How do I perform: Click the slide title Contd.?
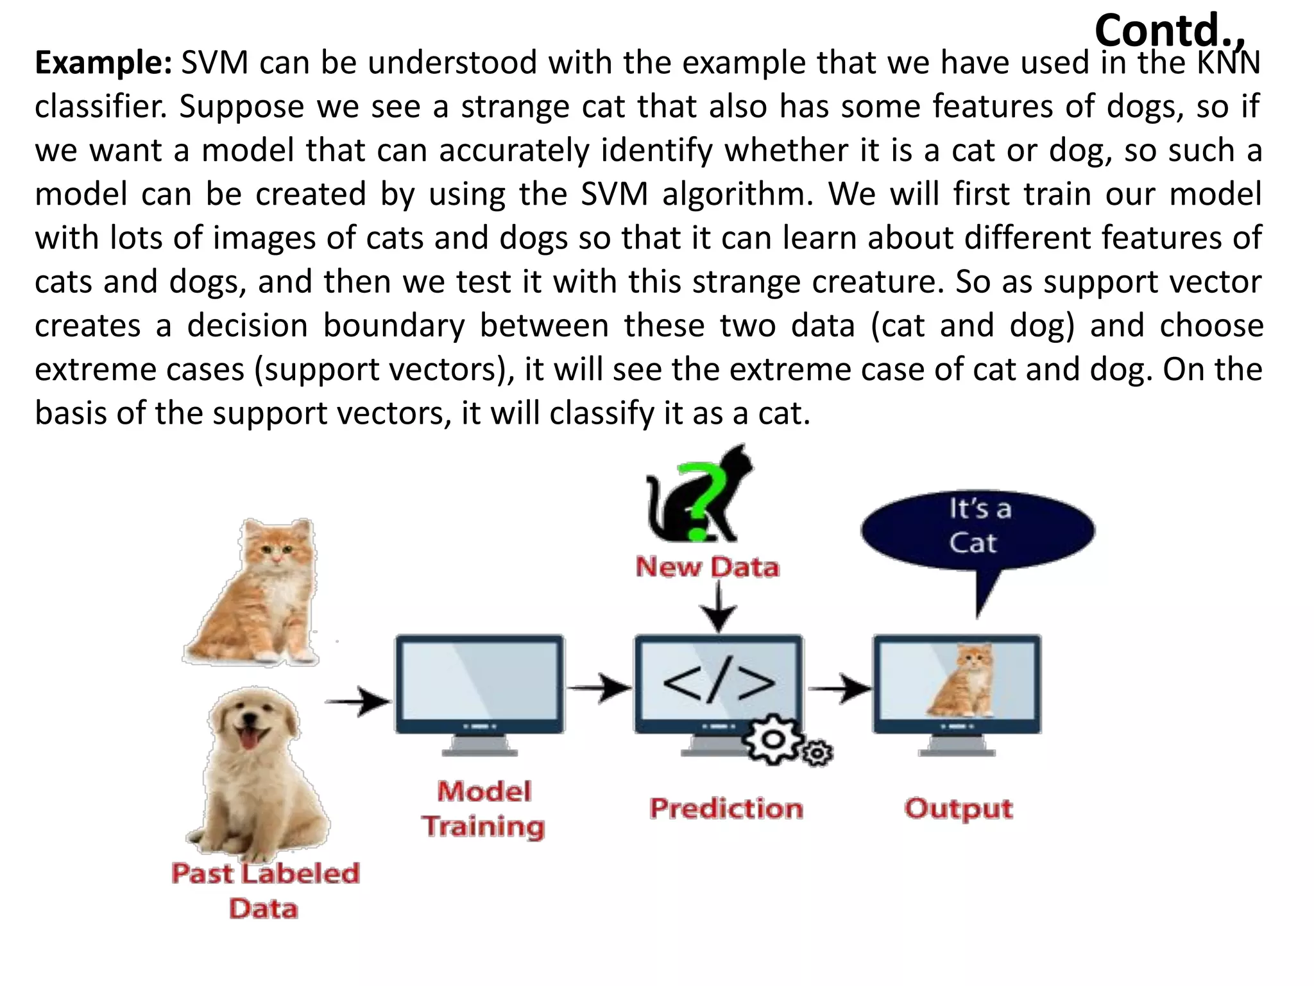1170,30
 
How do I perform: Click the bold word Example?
103,63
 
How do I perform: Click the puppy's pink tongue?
248,738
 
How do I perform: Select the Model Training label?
483,809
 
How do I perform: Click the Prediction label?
726,808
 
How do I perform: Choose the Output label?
959,808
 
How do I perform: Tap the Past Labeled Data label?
264,891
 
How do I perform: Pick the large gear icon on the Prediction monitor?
772,740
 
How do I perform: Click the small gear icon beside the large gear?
817,753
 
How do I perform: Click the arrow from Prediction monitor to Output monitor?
839,689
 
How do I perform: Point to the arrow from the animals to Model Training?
358,701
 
